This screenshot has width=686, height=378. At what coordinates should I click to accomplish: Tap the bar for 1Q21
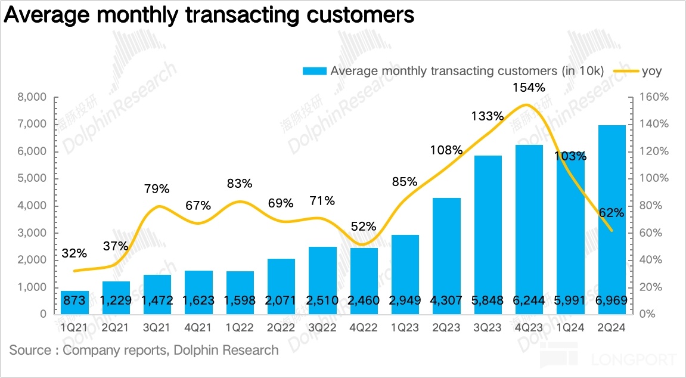(x=75, y=302)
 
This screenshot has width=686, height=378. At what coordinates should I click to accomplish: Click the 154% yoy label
(x=529, y=88)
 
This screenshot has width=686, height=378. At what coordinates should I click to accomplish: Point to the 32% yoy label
(x=74, y=253)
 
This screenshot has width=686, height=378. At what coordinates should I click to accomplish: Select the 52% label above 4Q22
(x=364, y=227)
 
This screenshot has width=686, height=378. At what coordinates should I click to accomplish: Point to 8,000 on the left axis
(x=32, y=97)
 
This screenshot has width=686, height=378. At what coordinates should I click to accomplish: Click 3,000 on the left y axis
(x=32, y=233)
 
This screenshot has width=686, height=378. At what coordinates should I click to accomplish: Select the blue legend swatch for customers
(x=314, y=72)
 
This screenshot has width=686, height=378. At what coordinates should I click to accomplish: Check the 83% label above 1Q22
(x=240, y=183)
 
